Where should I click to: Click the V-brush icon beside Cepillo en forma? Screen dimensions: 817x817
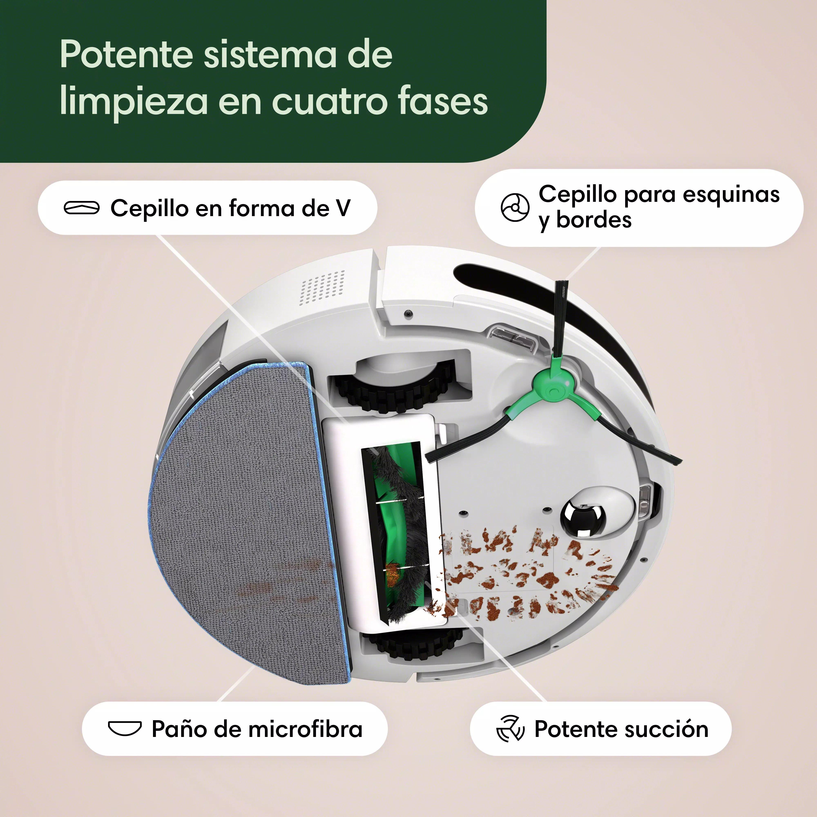click(x=82, y=208)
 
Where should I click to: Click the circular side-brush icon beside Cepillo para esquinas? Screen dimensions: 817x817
click(x=515, y=207)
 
